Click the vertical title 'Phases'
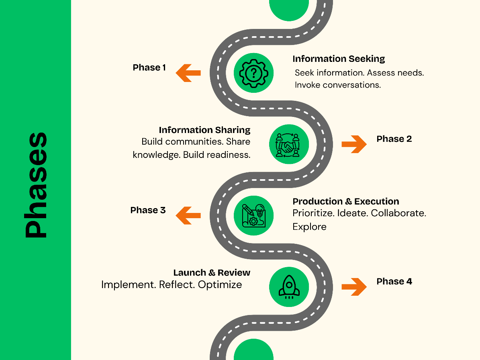(x=36, y=185)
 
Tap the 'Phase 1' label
(x=149, y=67)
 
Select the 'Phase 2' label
(x=394, y=139)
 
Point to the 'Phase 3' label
(x=148, y=210)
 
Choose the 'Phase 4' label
(x=394, y=281)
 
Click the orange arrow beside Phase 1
(x=188, y=73)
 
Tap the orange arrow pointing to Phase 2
(x=354, y=144)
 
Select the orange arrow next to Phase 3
(x=188, y=216)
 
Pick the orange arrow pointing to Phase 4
(x=354, y=287)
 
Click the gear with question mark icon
(x=253, y=73)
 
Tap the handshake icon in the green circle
(x=288, y=144)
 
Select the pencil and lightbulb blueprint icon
(x=253, y=216)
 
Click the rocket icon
(x=288, y=287)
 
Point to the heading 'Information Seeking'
(x=339, y=59)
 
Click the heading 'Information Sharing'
(x=204, y=130)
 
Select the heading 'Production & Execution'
(x=346, y=201)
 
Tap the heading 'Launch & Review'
(x=212, y=273)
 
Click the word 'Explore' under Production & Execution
(x=309, y=227)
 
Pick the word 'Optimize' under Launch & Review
(x=220, y=285)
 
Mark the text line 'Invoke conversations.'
(x=337, y=85)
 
